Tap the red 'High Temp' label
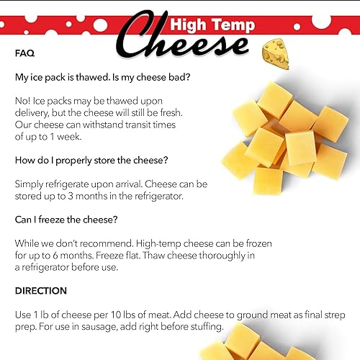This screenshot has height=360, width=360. (x=212, y=26)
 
